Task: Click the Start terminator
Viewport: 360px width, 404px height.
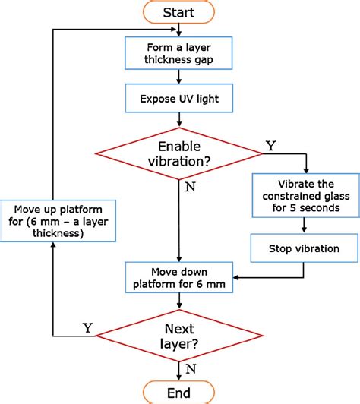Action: tap(179, 12)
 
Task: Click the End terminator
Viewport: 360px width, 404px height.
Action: tap(179, 392)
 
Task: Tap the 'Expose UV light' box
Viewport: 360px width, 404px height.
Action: tap(179, 98)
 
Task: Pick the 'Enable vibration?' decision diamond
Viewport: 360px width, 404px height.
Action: tap(179, 155)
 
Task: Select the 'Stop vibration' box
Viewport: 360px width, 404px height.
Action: tap(303, 248)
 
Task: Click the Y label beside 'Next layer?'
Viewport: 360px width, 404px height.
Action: tap(87, 327)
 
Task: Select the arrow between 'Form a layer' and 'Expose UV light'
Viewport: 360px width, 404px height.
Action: tap(179, 77)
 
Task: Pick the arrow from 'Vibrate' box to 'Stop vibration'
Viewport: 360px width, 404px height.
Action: tap(303, 226)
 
